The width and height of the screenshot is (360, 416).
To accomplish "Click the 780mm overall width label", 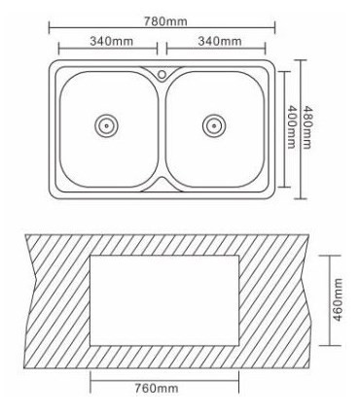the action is click(x=165, y=21).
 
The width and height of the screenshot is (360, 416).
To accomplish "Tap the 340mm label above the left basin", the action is click(x=111, y=41).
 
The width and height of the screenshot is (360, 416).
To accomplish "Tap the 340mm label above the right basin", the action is click(x=220, y=41).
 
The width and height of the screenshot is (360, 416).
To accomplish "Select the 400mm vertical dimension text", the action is click(x=292, y=127).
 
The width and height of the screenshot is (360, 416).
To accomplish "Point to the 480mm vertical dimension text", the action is click(x=306, y=127).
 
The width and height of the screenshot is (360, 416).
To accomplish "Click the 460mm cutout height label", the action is click(x=338, y=299).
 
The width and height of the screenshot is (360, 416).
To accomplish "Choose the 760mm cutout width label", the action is click(x=157, y=388).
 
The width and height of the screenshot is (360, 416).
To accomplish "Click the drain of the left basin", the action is click(x=106, y=125).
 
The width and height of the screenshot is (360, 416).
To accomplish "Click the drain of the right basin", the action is click(x=214, y=125).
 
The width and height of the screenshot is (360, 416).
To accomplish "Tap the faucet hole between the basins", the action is click(x=162, y=75).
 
